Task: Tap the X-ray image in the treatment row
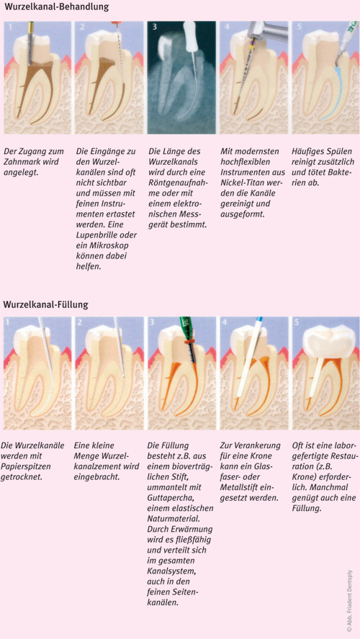pyautogui.click(x=181, y=78)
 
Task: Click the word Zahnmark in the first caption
pyautogui.click(x=21, y=162)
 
